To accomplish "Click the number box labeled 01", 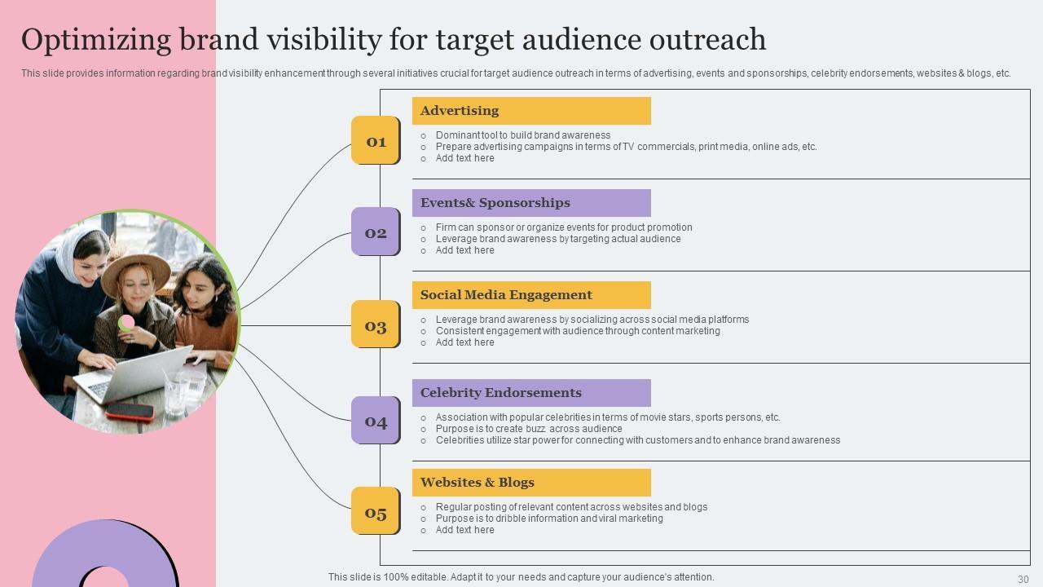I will click(375, 140).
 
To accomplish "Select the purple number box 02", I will click(375, 232).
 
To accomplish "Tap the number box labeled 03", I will click(375, 324).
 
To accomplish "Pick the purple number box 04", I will click(375, 420).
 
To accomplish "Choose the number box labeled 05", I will click(375, 511).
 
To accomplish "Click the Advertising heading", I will click(460, 111).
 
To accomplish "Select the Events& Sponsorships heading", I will click(495, 203).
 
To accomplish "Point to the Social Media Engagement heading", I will click(506, 295).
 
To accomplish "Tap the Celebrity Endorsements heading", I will click(501, 393).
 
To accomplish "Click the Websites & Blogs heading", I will click(477, 483).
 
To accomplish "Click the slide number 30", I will click(1023, 579).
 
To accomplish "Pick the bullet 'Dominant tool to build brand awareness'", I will click(523, 135).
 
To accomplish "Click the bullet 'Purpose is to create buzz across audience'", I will click(529, 429).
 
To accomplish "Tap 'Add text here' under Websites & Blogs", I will click(464, 530).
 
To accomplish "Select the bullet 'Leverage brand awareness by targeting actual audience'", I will click(558, 239).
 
